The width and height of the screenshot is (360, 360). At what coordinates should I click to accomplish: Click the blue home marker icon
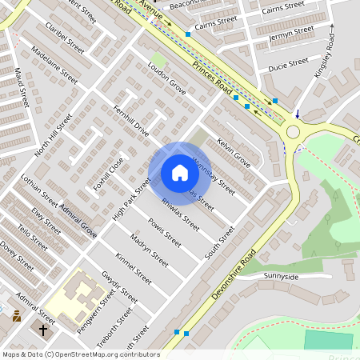(180, 173)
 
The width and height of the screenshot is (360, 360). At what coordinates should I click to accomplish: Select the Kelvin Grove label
(234, 153)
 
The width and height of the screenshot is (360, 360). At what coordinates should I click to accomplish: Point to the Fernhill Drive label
(131, 121)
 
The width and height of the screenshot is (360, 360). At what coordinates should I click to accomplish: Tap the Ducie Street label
(288, 62)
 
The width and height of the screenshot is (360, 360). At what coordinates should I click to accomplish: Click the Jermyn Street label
(291, 34)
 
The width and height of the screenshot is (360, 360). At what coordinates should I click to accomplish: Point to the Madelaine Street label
(54, 65)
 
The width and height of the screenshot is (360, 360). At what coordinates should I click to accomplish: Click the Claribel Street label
(66, 38)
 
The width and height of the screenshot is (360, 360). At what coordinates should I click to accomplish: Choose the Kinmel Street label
(133, 268)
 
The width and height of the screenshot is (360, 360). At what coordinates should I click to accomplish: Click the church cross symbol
(43, 329)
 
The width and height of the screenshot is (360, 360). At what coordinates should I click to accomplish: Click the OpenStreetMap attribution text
(80, 354)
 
